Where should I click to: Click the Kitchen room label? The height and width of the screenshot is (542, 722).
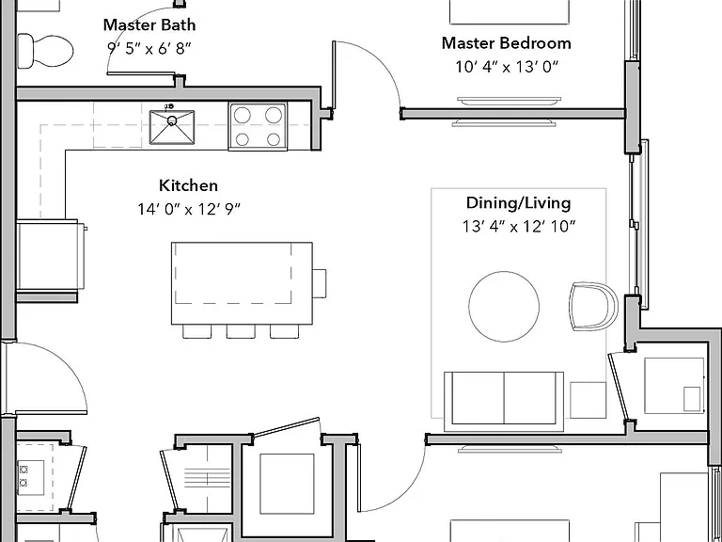click(188, 185)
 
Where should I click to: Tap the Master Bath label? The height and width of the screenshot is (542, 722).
click(149, 24)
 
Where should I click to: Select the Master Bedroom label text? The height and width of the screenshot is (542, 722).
click(507, 43)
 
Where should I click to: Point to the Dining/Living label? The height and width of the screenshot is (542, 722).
click(519, 203)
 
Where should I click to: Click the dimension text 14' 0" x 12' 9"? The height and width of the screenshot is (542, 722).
click(189, 210)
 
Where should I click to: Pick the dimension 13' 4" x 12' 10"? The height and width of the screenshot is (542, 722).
click(519, 227)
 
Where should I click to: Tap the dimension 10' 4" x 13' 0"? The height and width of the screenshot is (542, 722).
click(507, 68)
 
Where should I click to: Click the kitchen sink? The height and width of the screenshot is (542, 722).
click(172, 127)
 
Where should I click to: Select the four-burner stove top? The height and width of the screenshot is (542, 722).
click(258, 127)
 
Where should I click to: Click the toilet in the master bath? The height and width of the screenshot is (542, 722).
click(45, 51)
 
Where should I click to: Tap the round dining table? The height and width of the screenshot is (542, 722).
click(504, 307)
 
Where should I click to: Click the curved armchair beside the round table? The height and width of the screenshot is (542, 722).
click(593, 306)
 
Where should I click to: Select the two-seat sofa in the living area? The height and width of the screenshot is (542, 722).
click(504, 401)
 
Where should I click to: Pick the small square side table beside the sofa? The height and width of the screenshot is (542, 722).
click(588, 400)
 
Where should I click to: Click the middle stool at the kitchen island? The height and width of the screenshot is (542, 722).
click(241, 331)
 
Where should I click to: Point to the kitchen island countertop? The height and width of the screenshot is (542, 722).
click(242, 283)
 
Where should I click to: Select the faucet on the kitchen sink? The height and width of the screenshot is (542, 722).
click(169, 108)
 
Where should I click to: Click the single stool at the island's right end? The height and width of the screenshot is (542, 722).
click(319, 283)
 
